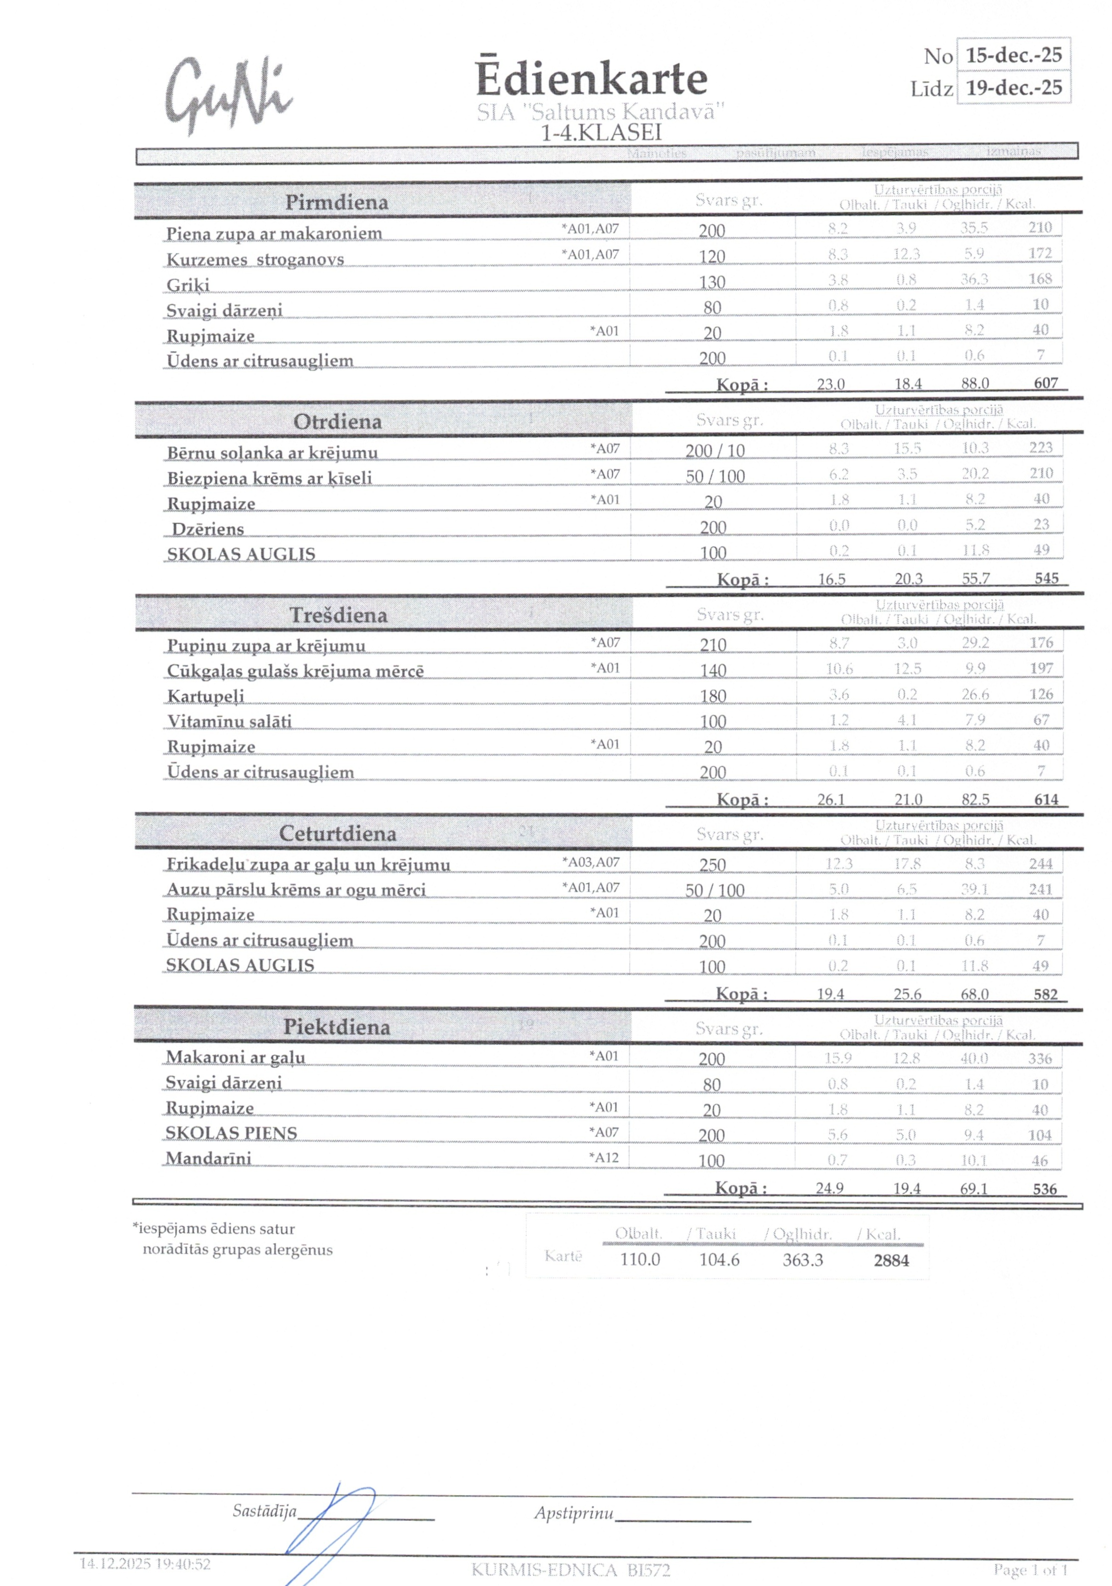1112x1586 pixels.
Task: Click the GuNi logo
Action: point(228,95)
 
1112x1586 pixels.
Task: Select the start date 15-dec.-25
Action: point(1013,55)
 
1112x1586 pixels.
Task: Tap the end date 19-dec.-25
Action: point(1013,88)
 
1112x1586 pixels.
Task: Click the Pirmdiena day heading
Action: point(337,202)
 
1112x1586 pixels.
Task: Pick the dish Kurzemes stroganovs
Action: point(255,260)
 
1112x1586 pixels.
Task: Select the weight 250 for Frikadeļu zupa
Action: point(712,865)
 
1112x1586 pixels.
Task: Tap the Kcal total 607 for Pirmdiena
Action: point(1046,383)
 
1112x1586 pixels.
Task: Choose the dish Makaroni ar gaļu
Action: point(235,1057)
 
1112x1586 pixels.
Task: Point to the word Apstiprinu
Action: point(573,1513)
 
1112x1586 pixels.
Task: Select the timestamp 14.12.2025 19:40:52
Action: point(145,1563)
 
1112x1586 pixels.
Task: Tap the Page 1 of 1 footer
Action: point(1030,1570)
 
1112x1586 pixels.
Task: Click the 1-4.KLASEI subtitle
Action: point(601,132)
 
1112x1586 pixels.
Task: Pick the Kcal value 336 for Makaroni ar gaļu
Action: point(1039,1058)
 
